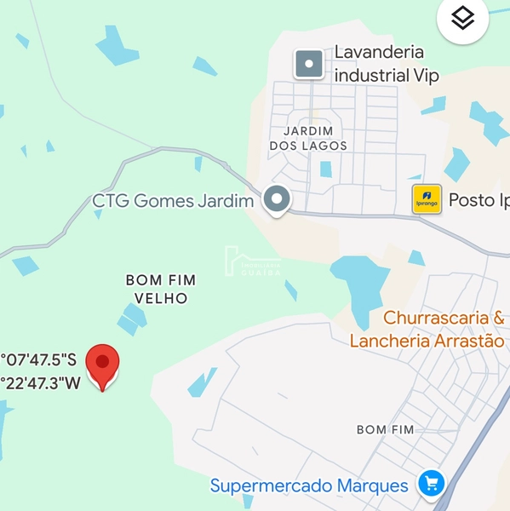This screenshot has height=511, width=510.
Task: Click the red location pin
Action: [x=103, y=365]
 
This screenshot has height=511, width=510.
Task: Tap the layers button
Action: [x=462, y=19]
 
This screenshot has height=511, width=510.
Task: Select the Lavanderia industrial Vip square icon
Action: [x=308, y=64]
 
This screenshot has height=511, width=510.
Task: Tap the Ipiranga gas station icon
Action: [x=427, y=199]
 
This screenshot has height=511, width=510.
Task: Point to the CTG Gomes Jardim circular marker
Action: [x=276, y=200]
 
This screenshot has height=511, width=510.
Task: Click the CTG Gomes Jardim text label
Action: [x=174, y=202]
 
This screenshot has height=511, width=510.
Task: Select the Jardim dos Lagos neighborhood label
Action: [x=307, y=138]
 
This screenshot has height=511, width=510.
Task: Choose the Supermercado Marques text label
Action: [x=309, y=486]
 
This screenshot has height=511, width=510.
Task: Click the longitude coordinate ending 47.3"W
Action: [x=40, y=382]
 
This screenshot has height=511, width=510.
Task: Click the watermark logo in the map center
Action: [x=252, y=261]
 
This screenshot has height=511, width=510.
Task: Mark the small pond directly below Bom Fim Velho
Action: [x=132, y=319]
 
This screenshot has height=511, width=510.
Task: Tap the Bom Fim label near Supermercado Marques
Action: [x=385, y=429]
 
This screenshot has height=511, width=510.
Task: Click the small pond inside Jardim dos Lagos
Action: [x=325, y=169]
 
